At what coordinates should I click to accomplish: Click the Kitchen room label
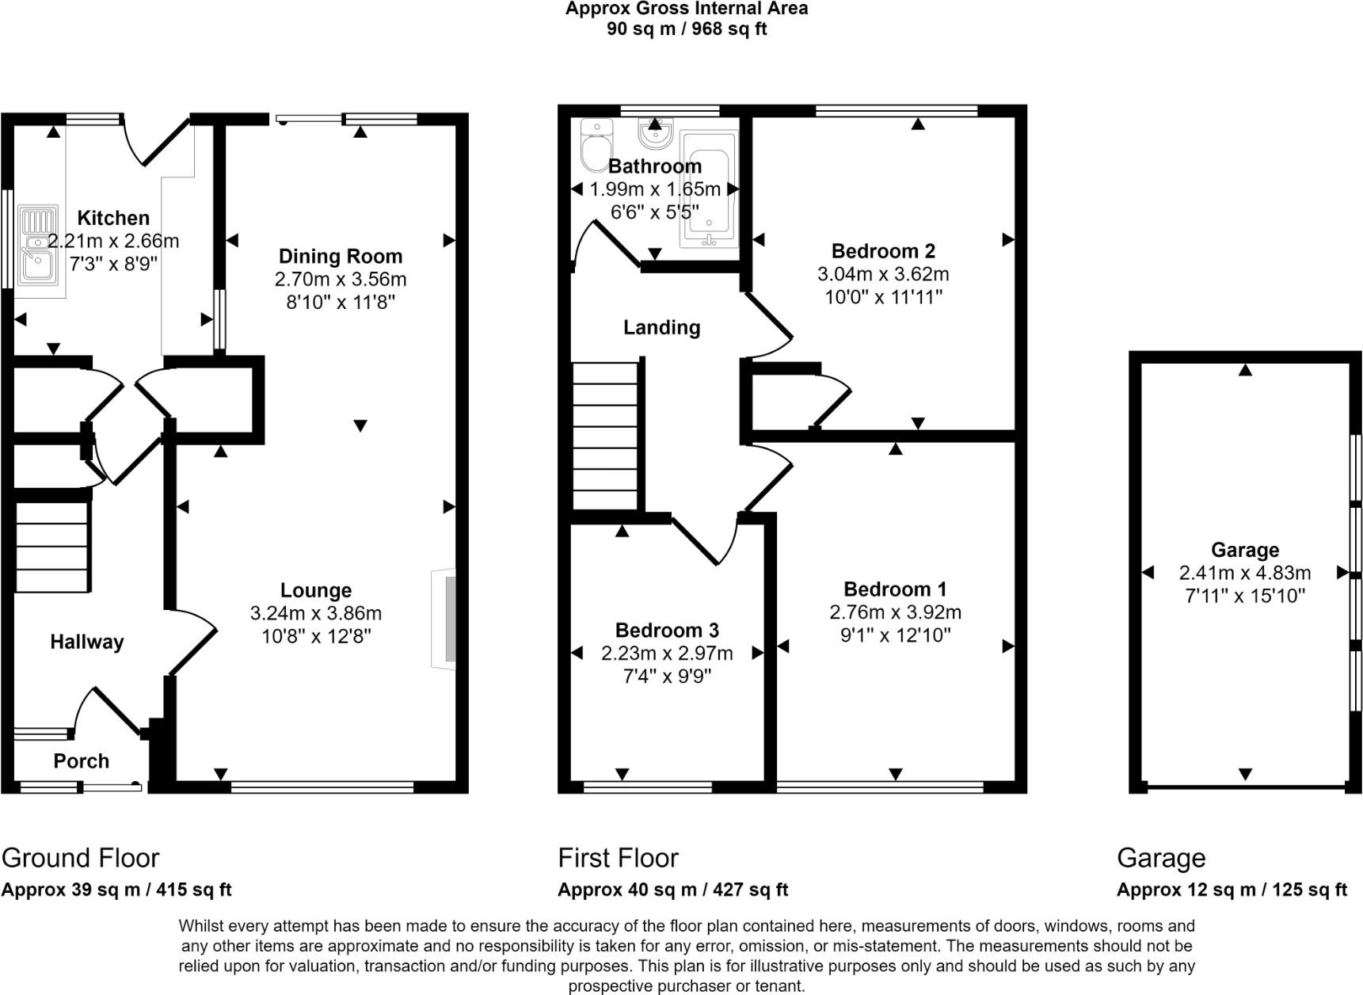pyautogui.click(x=113, y=218)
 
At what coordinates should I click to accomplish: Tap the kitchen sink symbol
pyautogui.click(x=39, y=246)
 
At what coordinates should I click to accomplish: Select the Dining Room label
pyautogui.click(x=341, y=256)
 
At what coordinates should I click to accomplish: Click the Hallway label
pyautogui.click(x=87, y=642)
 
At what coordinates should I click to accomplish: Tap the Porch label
pyautogui.click(x=81, y=761)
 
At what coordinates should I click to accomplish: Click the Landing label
pyautogui.click(x=661, y=327)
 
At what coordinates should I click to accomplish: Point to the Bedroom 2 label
pyautogui.click(x=883, y=251)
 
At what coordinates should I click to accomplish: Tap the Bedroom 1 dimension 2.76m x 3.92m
pyautogui.click(x=895, y=612)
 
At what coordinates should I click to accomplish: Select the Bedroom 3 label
pyautogui.click(x=667, y=631)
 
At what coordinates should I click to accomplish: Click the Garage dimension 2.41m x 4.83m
pyautogui.click(x=1245, y=573)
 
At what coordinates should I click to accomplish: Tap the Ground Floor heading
pyautogui.click(x=81, y=858)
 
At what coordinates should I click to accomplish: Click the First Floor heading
pyautogui.click(x=618, y=858)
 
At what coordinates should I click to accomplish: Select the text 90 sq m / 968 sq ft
pyautogui.click(x=687, y=29)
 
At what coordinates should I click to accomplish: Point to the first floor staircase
pyautogui.click(x=606, y=436)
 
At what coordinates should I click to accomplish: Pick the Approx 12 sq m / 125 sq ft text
pyautogui.click(x=1232, y=890)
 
